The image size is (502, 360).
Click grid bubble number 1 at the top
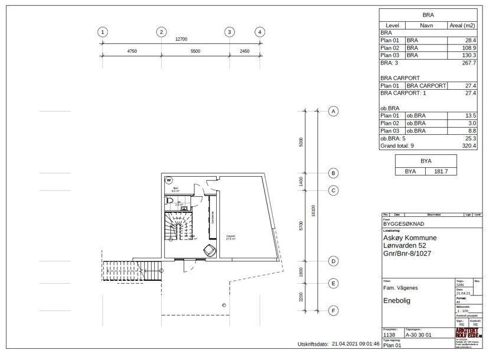tap(103, 32)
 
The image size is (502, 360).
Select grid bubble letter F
tap(334, 310)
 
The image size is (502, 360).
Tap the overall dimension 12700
tap(181, 39)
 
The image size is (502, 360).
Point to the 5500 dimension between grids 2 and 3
tap(195, 52)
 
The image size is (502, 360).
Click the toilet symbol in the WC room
tap(170, 203)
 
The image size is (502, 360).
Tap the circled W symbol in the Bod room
tap(169, 180)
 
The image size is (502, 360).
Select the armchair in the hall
tap(209, 250)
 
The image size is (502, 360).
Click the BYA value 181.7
tap(441, 171)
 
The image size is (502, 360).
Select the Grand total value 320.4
tap(469, 145)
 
